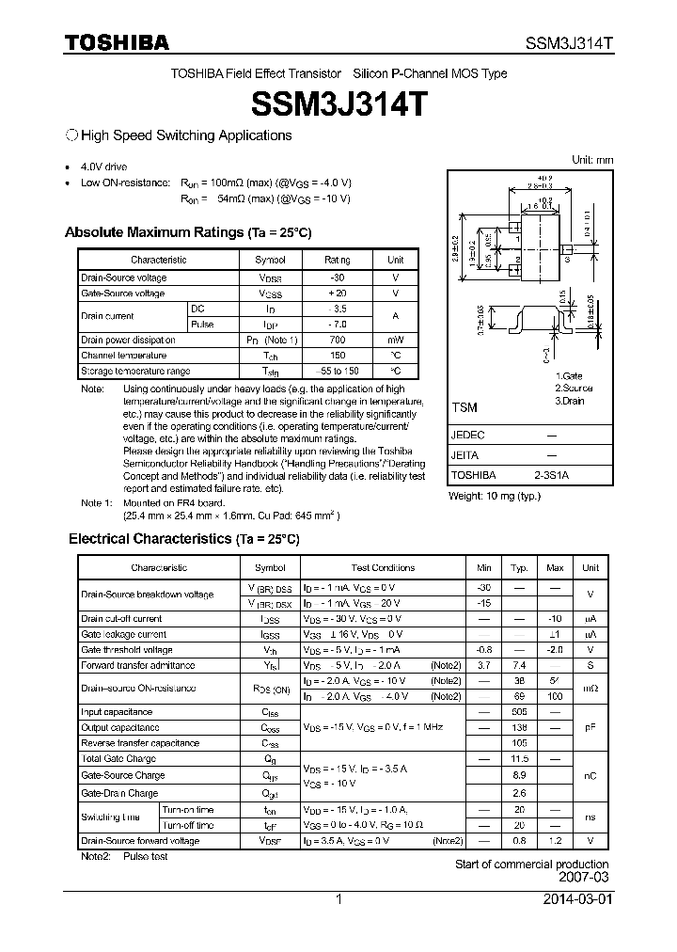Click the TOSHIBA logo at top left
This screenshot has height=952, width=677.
point(117,43)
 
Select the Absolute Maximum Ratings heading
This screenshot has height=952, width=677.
point(187,232)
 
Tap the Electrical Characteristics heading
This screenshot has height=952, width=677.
point(183,539)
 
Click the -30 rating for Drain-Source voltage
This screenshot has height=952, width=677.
point(337,278)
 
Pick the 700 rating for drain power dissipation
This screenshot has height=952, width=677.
point(337,340)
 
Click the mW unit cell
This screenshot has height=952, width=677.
point(396,340)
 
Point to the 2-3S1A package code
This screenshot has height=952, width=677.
point(551,476)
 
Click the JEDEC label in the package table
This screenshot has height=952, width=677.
point(467,436)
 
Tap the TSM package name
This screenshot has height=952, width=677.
point(464,408)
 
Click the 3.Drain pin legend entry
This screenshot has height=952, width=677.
point(571,401)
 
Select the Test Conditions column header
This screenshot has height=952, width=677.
point(383,567)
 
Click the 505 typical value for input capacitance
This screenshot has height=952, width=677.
point(519,712)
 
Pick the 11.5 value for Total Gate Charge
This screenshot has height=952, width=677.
point(519,758)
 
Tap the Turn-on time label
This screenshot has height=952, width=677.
point(188,809)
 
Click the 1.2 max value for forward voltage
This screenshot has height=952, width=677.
point(555,840)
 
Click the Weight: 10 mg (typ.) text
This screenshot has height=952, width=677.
point(495,496)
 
